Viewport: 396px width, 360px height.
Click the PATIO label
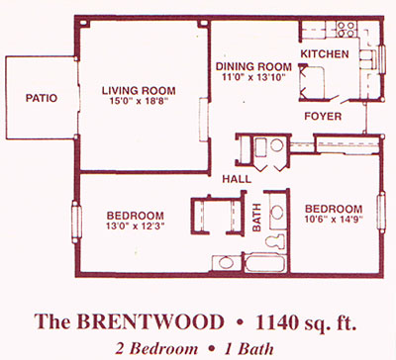point(42,98)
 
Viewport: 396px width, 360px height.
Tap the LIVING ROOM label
point(139,90)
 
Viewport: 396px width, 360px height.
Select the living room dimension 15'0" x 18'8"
point(139,101)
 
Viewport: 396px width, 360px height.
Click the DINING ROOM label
point(253,66)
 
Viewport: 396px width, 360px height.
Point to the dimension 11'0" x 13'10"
point(253,77)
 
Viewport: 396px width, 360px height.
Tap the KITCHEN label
point(325,53)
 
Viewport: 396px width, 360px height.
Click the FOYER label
point(323,116)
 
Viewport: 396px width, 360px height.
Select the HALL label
point(237,179)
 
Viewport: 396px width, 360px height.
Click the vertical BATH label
point(256,218)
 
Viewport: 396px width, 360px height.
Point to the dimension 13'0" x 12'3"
point(136,225)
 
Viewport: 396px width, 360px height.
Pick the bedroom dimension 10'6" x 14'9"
point(334,219)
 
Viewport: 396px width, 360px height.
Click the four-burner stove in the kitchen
point(346,29)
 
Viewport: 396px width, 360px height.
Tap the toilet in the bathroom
point(276,241)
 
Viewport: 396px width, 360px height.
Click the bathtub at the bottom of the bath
point(265,264)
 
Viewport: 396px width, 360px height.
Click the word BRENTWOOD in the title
point(150,321)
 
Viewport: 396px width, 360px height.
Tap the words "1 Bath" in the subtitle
point(248,349)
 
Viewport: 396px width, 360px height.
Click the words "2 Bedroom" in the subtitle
point(156,349)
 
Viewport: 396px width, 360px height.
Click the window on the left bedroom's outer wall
point(76,222)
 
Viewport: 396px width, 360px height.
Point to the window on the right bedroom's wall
point(381,212)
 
